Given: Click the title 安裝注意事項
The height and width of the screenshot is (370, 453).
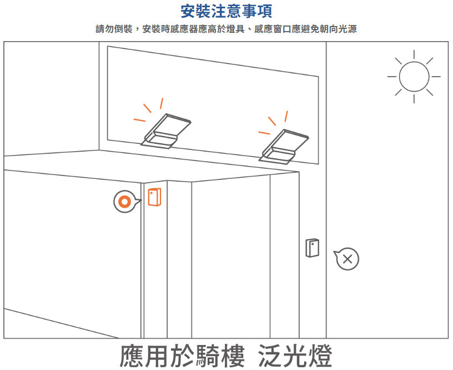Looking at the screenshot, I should (x=226, y=11).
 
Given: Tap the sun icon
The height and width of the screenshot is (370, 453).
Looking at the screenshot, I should (x=414, y=77).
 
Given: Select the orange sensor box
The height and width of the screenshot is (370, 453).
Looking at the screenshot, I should (x=154, y=197).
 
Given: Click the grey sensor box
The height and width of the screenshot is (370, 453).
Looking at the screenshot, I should (x=312, y=248).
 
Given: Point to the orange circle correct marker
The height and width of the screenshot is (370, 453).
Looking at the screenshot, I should (x=125, y=202).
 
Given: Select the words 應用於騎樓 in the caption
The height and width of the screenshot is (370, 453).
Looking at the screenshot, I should (x=182, y=356).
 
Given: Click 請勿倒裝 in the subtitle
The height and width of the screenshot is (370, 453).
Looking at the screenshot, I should (x=114, y=29).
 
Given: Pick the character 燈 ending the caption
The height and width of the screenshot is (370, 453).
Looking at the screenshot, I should (x=321, y=356).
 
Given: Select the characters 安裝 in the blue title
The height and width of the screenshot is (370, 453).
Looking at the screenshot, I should (x=194, y=11).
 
